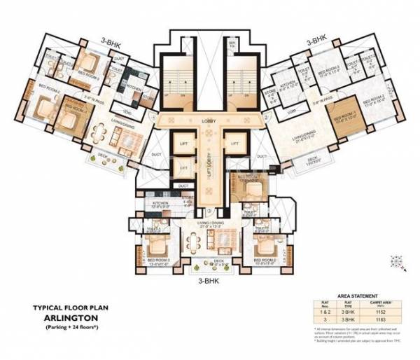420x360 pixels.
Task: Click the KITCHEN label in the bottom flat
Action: click(x=163, y=204)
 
